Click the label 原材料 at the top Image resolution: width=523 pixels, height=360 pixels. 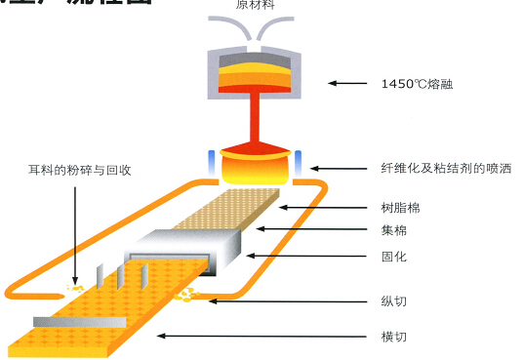[x=255, y=5]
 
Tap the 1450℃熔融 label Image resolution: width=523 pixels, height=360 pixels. [x=417, y=84]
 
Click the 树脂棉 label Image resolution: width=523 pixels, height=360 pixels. [x=400, y=208]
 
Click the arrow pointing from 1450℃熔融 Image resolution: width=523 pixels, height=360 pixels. [x=347, y=84]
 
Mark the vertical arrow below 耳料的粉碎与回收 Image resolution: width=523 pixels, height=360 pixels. [x=74, y=234]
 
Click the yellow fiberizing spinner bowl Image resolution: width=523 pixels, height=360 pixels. [x=255, y=166]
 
